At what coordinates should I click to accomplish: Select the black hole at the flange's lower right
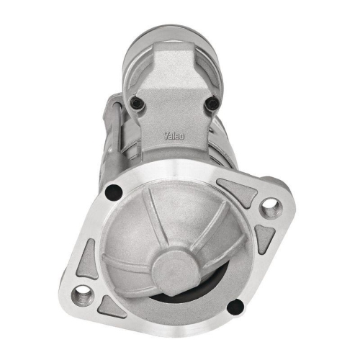(x=235, y=308)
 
